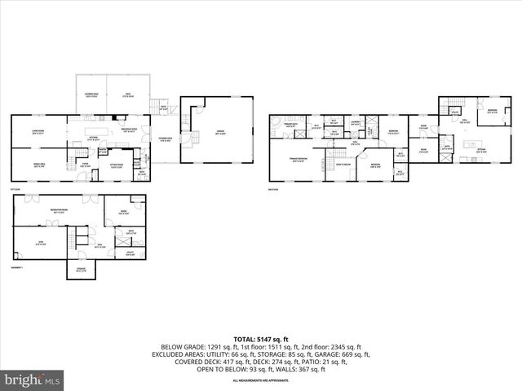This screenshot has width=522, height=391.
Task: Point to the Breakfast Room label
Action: click(x=128, y=131)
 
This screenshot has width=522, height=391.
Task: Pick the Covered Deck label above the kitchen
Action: click(x=91, y=94)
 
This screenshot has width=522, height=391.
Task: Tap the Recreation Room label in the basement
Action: click(x=58, y=213)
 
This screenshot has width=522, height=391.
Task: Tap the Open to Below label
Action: click(x=343, y=164)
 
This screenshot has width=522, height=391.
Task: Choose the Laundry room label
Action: click(x=356, y=123)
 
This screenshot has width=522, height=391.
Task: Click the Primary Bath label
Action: click(x=290, y=125)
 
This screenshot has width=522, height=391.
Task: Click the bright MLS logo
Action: click(x=33, y=380)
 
